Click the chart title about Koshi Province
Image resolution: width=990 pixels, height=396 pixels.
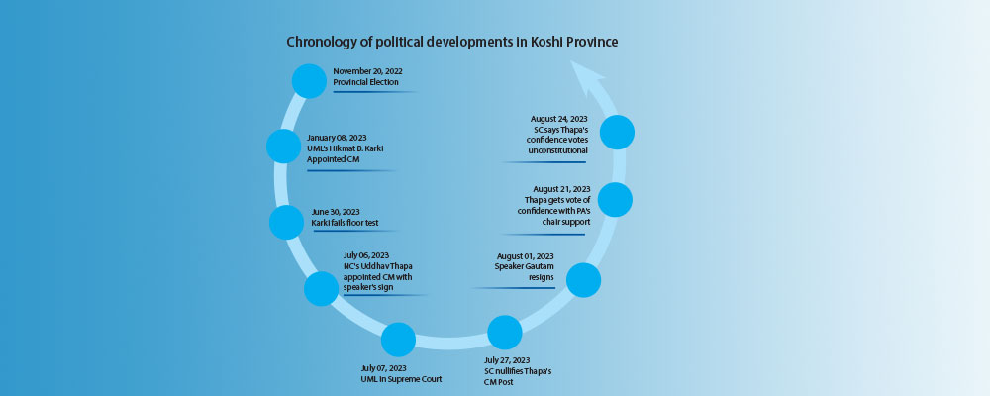click(x=452, y=42)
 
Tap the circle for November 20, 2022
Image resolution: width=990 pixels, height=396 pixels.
click(x=309, y=81)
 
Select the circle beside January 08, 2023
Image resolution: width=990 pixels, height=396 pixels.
click(x=283, y=146)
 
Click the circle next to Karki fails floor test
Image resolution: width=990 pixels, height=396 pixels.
click(x=287, y=222)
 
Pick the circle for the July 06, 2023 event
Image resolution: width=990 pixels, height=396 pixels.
click(x=322, y=289)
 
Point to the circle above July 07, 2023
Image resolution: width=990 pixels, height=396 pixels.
click(x=398, y=340)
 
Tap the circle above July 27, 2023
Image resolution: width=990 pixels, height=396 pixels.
click(x=505, y=333)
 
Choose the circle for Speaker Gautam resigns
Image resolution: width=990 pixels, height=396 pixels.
click(x=583, y=280)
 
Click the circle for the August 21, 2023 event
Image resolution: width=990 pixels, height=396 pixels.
click(x=615, y=200)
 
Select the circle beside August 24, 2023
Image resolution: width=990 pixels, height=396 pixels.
click(x=617, y=132)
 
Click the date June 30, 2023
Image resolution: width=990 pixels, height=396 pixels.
click(x=336, y=212)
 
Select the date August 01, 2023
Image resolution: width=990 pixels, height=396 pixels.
click(x=526, y=255)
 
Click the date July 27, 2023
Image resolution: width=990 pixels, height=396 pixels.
click(x=503, y=360)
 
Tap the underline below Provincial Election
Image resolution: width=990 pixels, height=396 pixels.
click(x=375, y=92)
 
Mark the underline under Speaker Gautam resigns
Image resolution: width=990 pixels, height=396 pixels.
click(x=513, y=288)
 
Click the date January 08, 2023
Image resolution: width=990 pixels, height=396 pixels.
click(x=337, y=137)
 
